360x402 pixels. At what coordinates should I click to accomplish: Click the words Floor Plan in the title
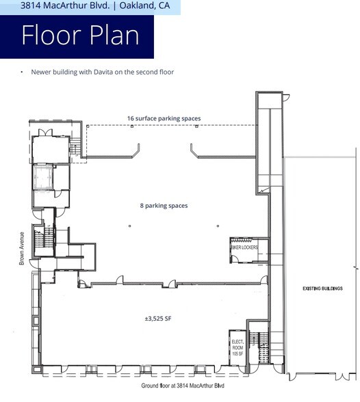pyautogui.click(x=80, y=36)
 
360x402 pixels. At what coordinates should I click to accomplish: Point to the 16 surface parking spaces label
pyautogui.click(x=164, y=118)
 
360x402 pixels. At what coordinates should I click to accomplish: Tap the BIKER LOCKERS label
pyautogui.click(x=244, y=247)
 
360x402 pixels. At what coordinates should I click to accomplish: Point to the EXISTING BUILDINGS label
pyautogui.click(x=322, y=289)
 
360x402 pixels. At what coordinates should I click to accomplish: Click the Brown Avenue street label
pyautogui.click(x=22, y=248)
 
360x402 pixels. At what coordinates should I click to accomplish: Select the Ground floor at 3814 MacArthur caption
pyautogui.click(x=183, y=386)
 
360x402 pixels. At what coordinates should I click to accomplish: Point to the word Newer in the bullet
pyautogui.click(x=42, y=72)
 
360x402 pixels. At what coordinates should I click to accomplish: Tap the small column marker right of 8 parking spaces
pyautogui.click(x=217, y=225)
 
